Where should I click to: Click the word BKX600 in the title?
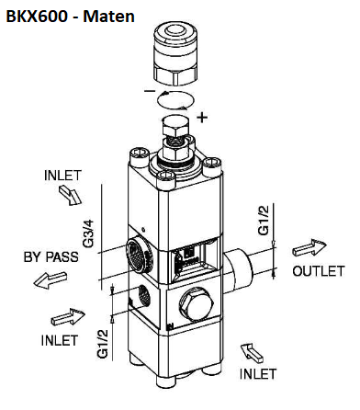click(37, 16)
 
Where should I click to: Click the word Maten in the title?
click(108, 16)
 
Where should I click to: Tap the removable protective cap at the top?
click(176, 54)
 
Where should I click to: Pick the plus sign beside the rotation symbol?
click(202, 117)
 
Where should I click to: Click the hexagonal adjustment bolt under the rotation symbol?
click(175, 126)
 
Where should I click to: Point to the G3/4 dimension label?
click(88, 233)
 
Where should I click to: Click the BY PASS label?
click(51, 256)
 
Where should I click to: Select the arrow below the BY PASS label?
click(50, 279)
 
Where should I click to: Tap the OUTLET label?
click(319, 271)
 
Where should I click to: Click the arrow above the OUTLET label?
click(309, 247)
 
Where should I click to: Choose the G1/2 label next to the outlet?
click(264, 220)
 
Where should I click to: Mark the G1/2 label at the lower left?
click(103, 344)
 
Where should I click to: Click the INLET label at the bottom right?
click(258, 374)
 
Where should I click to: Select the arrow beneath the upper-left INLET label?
click(70, 195)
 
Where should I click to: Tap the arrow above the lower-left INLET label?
click(68, 317)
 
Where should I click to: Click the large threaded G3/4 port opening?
click(140, 256)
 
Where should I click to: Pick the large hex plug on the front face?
click(197, 304)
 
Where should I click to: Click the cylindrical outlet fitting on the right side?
click(239, 265)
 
